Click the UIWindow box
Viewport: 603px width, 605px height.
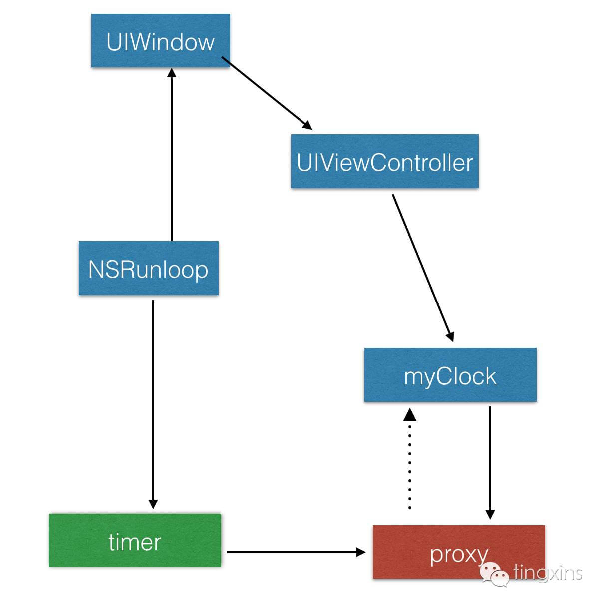[160, 41]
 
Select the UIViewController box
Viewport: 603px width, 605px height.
[384, 162]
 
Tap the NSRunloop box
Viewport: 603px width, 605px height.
[148, 268]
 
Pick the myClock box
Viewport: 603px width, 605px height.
[450, 375]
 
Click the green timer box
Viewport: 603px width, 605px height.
[135, 540]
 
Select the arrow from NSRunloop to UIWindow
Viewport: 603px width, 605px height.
[172, 155]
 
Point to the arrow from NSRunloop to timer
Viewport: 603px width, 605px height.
[153, 399]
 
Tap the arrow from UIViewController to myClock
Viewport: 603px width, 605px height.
[422, 267]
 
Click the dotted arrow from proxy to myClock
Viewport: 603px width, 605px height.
[409, 464]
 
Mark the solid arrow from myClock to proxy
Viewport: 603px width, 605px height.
[490, 459]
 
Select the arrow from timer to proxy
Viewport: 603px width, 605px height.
[295, 552]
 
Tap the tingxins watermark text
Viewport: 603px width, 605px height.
[548, 572]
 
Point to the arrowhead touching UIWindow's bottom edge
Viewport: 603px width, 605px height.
[172, 73]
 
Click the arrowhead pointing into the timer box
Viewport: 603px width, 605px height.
[153, 504]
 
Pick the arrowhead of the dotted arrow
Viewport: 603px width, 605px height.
[409, 414]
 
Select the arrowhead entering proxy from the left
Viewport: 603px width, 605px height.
[360, 552]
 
